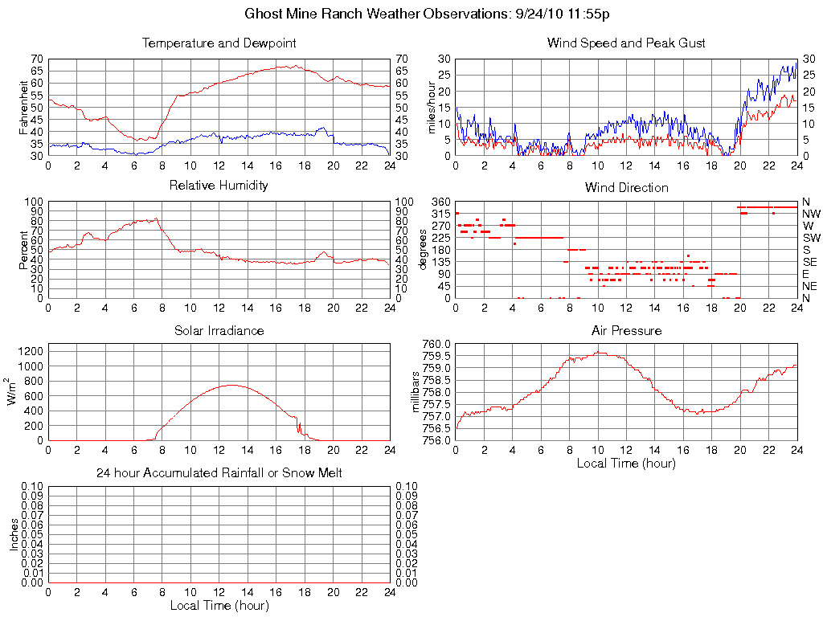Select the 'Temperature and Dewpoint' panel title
pyautogui.click(x=219, y=43)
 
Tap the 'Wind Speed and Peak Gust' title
pyautogui.click(x=626, y=43)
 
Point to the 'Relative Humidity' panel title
pyautogui.click(x=219, y=186)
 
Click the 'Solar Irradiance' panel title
pyautogui.click(x=219, y=330)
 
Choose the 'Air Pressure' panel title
pyautogui.click(x=626, y=330)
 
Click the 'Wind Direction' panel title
pyautogui.click(x=626, y=188)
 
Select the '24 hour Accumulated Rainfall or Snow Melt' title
pyautogui.click(x=219, y=473)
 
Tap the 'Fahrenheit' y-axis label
pyautogui.click(x=24, y=107)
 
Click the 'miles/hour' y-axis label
pyautogui.click(x=432, y=107)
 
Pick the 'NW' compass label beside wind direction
pyautogui.click(x=811, y=214)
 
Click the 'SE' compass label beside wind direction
pyautogui.click(x=810, y=262)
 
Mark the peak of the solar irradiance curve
pyautogui.click(x=233, y=385)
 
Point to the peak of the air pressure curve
pyautogui.click(x=599, y=352)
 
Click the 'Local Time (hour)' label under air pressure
pyautogui.click(x=626, y=463)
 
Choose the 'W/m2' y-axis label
pyautogui.click(x=14, y=392)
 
